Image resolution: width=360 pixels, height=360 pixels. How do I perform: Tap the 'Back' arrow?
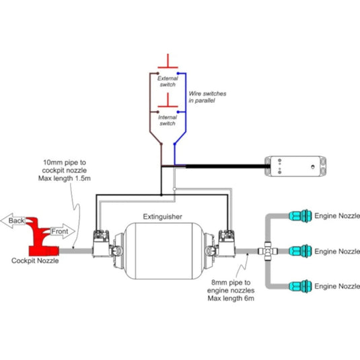pos(13,221)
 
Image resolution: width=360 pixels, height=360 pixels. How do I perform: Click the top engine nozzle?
pos(300,216)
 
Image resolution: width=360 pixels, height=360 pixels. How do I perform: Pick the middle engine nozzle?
pos(300,251)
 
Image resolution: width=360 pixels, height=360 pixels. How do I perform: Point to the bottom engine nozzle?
pos(300,286)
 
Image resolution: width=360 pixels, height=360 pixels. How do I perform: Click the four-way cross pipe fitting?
pos(268,251)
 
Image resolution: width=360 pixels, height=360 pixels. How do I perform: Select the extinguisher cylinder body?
pos(164,251)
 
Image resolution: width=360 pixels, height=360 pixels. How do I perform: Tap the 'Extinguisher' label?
pos(163,217)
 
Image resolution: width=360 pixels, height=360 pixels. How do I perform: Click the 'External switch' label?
pos(168,81)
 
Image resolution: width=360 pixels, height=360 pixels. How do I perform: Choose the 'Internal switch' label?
pos(168,120)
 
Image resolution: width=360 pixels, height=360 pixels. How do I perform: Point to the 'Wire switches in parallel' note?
pos(207,97)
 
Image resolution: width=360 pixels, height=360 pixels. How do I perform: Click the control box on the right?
pos(295,166)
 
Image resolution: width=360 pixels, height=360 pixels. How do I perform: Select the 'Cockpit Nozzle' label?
pos(35,260)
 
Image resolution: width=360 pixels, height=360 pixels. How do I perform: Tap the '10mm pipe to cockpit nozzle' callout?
pos(65,170)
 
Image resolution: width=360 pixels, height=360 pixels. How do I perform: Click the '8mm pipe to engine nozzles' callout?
pos(231,291)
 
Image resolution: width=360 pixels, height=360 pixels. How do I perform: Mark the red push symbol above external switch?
pos(168,61)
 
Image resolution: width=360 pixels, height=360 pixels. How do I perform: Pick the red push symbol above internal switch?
pos(168,100)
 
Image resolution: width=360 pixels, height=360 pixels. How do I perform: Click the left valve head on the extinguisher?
pos(101,244)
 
